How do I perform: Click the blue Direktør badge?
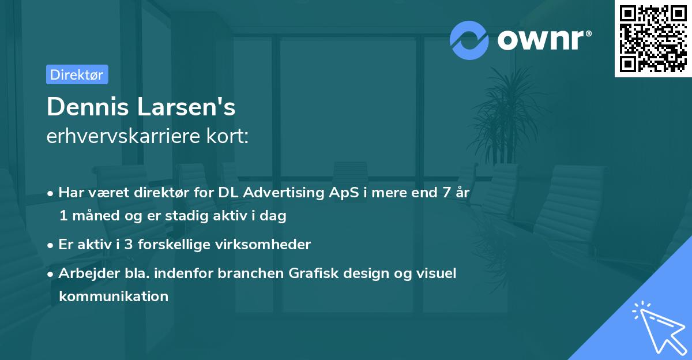pos(77,74)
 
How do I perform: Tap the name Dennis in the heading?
pos(88,107)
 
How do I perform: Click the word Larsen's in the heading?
pos(186,107)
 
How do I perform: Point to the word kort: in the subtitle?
pos(227,136)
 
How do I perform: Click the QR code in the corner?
pos(653,39)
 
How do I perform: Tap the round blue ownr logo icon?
pos(469,40)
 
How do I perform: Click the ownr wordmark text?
pos(541,40)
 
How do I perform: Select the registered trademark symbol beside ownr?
pos(589,33)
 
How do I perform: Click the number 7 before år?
pos(446,192)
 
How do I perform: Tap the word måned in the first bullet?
pos(96,215)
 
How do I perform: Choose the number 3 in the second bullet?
pos(129,245)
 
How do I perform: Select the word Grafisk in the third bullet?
pos(314,273)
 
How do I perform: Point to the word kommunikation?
pos(114,296)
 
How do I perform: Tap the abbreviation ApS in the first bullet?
pos(344,193)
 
